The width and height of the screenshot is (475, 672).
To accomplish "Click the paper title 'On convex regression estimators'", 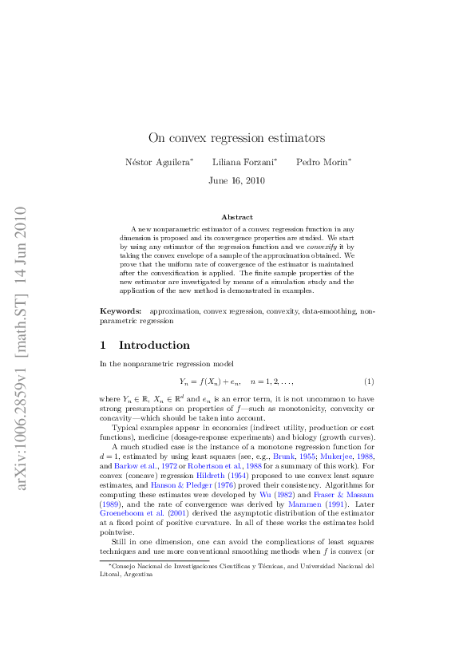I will (x=236, y=138).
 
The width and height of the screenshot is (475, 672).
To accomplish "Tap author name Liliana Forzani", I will (x=243, y=162).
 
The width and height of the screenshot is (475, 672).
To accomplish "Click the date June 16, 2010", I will (x=236, y=180).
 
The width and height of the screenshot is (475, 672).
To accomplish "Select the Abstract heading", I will (x=236, y=217).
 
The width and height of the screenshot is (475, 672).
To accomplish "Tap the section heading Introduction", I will (x=154, y=346).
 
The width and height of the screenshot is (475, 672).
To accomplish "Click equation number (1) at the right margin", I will (x=369, y=381).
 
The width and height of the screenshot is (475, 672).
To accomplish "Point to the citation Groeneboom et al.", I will (x=122, y=514).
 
